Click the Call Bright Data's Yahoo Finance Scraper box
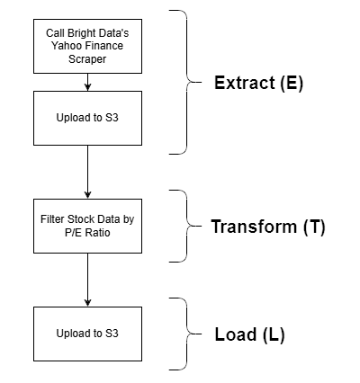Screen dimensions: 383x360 coord(87,44)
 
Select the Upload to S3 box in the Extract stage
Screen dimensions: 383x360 coord(87,118)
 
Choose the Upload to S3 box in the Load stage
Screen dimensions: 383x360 coord(87,334)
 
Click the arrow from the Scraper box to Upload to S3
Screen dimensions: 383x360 coord(87,82)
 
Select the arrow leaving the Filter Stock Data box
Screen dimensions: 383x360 coord(87,281)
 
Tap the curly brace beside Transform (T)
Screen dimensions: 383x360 coord(191,226)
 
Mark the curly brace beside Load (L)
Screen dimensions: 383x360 coord(191,334)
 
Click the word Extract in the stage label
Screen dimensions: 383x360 coord(246,84)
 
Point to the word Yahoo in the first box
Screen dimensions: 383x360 coord(61,44)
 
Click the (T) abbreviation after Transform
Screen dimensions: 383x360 coord(312,227)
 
